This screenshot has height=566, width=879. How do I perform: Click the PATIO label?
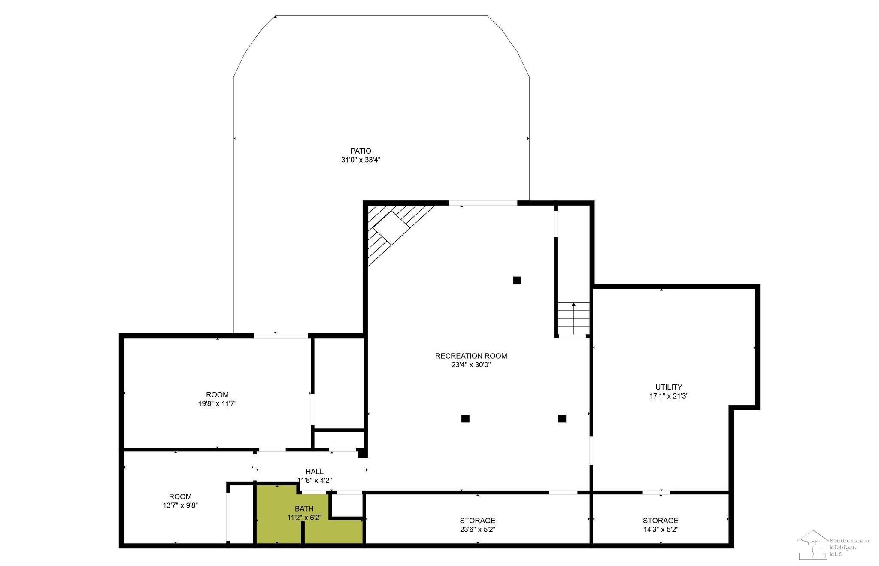361,151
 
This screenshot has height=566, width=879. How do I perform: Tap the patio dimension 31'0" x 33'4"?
361,160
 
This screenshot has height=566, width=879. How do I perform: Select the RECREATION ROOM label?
471,356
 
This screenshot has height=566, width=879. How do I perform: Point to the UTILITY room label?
669,387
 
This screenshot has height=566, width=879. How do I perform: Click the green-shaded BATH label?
304,509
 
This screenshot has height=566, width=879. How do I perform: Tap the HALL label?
315,472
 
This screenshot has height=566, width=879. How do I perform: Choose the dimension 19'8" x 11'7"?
217,404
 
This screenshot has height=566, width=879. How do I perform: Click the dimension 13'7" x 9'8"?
180,506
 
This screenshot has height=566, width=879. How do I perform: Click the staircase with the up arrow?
573,318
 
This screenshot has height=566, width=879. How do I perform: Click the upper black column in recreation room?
517,280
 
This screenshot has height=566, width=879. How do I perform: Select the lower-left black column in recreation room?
465,418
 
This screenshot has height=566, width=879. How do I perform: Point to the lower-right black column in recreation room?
562,418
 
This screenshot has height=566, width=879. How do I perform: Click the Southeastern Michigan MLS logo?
834,545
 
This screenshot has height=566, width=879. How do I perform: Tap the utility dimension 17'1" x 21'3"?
669,397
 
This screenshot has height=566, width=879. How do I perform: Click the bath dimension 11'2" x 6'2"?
304,518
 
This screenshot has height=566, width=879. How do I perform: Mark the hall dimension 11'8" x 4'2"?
315,481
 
